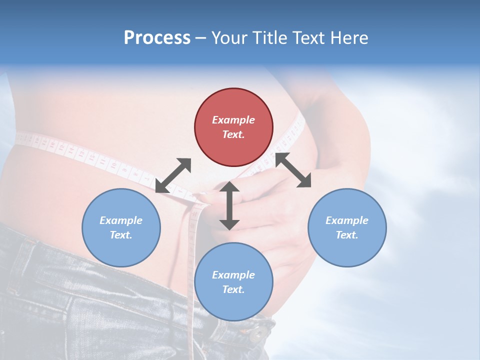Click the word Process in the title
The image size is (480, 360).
coord(157,38)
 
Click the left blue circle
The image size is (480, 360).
coord(121,227)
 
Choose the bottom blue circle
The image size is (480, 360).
coord(233,281)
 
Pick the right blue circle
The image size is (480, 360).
coord(347,227)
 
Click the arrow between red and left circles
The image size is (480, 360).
coord(173,175)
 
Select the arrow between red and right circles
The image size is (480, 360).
coord(293,170)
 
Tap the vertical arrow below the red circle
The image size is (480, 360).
coord(229,205)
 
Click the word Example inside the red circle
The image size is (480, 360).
coord(233,120)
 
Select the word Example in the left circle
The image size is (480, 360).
coord(121,220)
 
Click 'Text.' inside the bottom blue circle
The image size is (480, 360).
coord(233,289)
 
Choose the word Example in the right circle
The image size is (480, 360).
coord(347,220)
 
